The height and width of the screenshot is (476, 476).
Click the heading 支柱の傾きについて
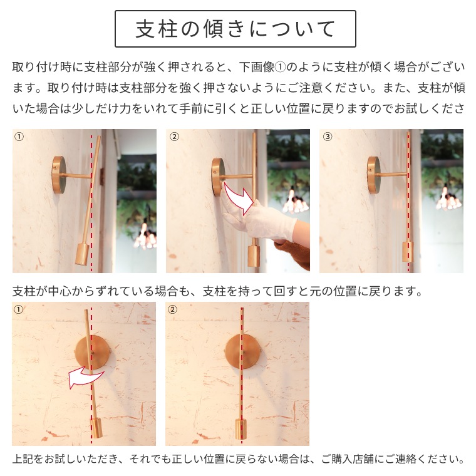click(235, 29)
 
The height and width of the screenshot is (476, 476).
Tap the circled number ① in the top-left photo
click(19, 137)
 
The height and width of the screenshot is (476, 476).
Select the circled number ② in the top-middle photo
click(174, 137)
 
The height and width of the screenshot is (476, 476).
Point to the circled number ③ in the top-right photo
click(328, 137)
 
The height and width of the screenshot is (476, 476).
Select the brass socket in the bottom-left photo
click(96, 428)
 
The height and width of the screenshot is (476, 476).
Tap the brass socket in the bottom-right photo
click(241, 428)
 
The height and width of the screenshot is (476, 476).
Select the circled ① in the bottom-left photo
click(19, 309)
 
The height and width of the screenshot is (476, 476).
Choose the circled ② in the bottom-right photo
click(173, 309)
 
